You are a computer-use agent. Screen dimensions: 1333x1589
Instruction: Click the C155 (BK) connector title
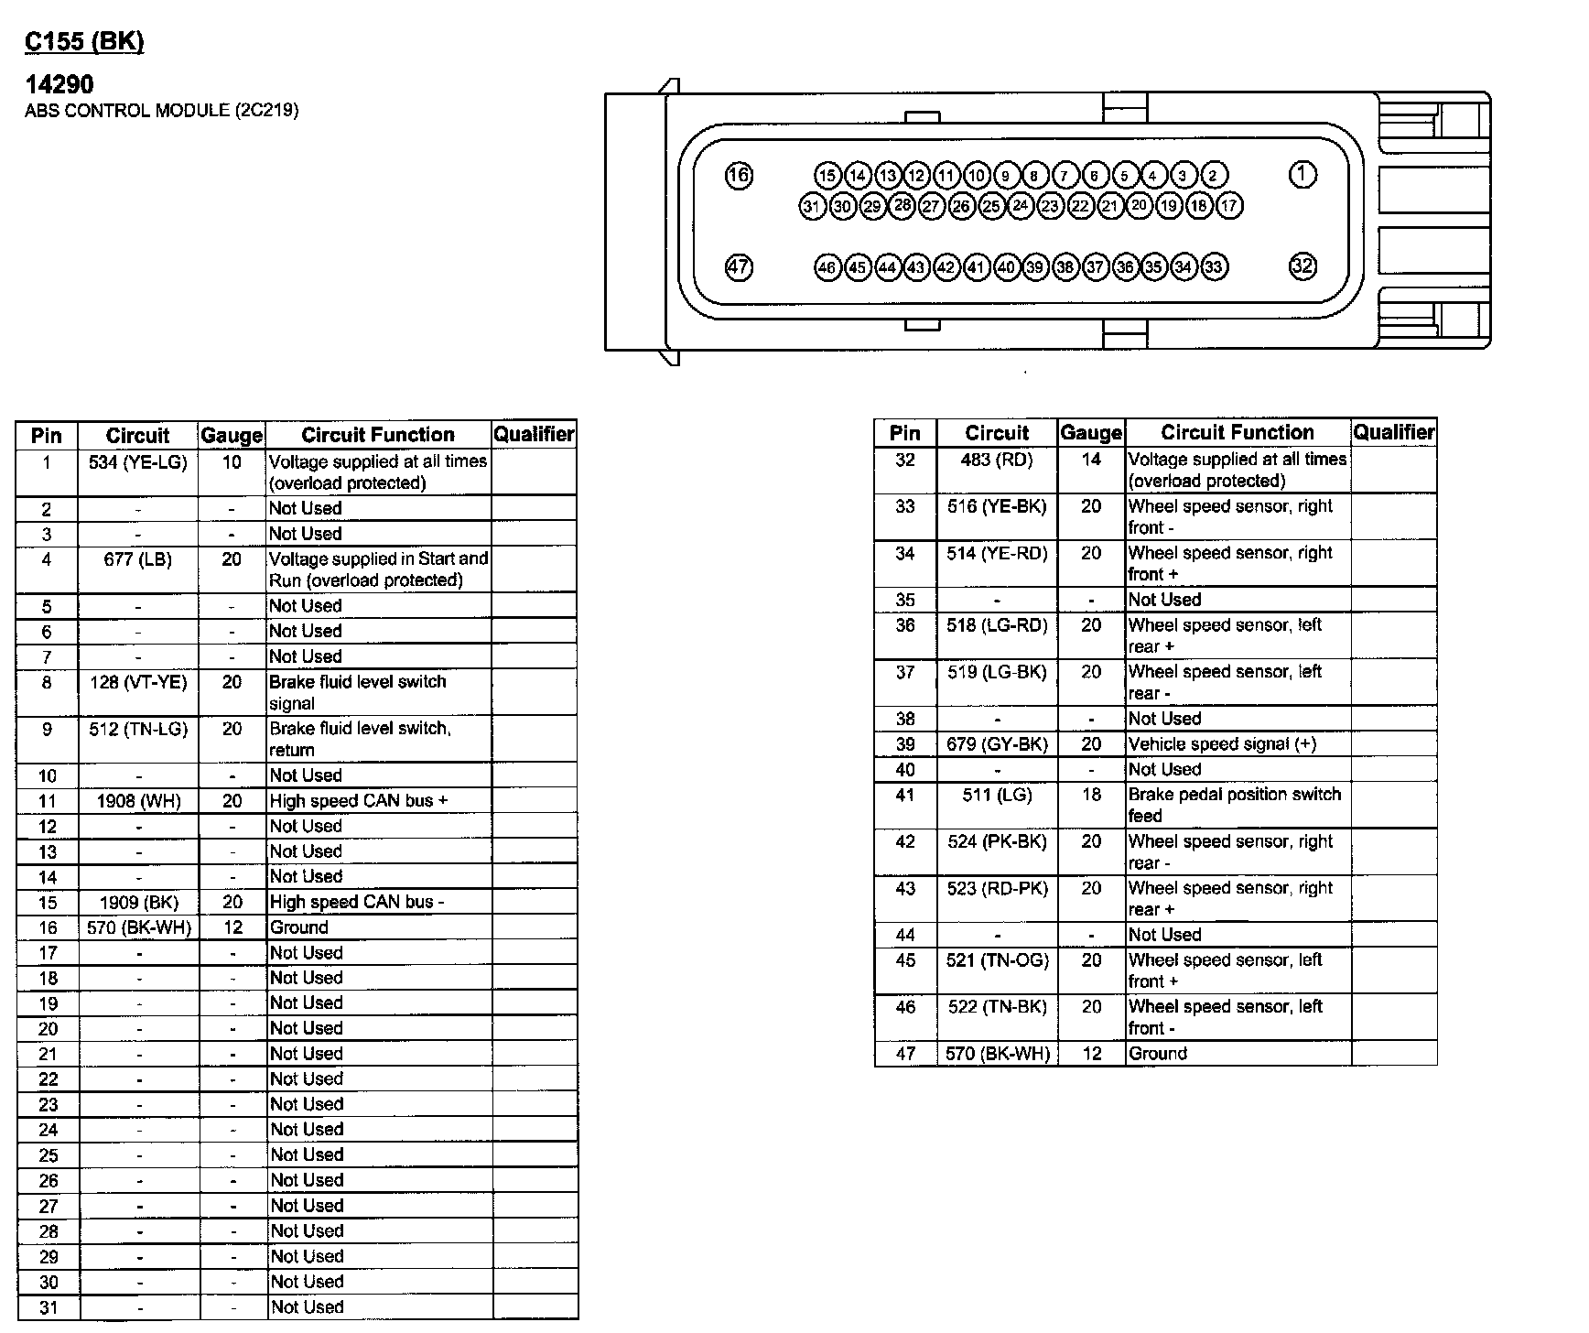point(84,41)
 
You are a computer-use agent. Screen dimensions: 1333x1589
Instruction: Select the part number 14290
point(59,84)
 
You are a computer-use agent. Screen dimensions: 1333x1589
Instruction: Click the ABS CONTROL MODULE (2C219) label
point(161,111)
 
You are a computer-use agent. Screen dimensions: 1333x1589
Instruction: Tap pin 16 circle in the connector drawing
point(739,175)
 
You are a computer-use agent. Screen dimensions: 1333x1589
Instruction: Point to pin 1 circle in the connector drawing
point(1302,174)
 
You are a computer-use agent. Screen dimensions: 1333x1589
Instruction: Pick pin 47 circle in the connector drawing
point(739,267)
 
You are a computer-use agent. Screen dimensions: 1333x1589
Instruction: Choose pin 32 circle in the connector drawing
point(1302,266)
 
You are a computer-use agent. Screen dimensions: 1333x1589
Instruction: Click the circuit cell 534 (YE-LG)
point(138,462)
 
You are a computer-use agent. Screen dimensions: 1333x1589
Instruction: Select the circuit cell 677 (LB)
point(138,559)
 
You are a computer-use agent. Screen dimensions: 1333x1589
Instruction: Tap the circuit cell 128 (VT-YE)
point(138,682)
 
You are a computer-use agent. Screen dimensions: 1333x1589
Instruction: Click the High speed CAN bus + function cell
point(359,800)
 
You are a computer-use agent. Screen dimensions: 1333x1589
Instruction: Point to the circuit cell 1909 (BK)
point(138,902)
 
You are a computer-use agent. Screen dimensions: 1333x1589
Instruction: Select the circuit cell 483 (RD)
point(997,460)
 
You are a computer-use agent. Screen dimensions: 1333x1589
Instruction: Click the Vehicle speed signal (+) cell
point(1222,743)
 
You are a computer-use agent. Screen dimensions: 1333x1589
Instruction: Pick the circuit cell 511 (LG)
point(997,795)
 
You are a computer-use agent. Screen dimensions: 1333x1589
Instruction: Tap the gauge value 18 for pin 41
point(1091,795)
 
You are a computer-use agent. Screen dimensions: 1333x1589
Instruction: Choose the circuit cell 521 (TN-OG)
point(997,959)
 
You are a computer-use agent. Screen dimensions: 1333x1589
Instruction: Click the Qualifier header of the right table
point(1394,432)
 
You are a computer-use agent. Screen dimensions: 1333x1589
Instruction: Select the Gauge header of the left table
point(232,435)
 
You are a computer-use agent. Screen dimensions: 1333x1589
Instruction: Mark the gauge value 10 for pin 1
point(232,462)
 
